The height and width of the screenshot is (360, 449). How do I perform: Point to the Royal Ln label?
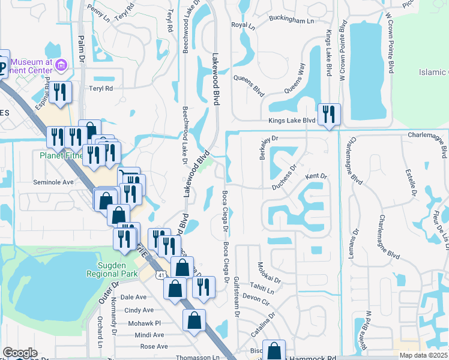coord(243,26)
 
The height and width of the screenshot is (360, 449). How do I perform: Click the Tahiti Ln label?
coord(262,292)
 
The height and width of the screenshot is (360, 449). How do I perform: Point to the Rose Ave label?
coord(154,347)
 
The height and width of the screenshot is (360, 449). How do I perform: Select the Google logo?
coord(20,353)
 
